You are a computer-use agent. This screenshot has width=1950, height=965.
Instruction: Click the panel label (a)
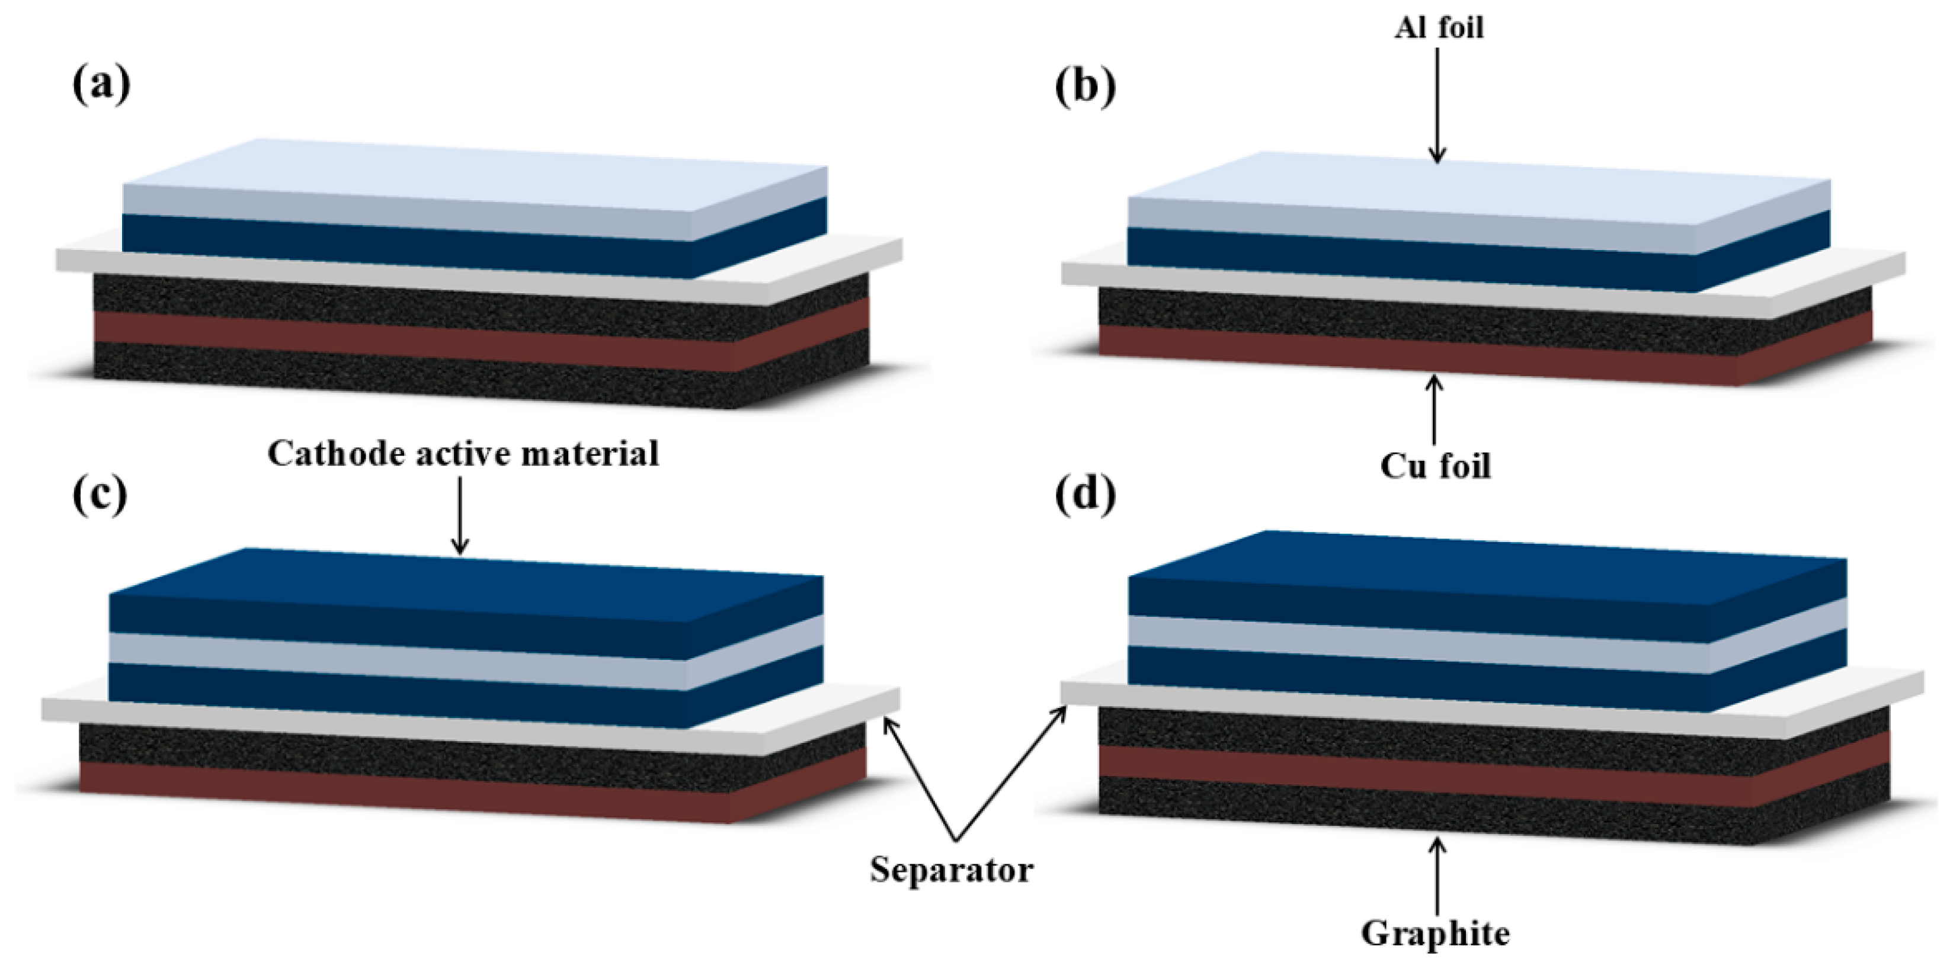point(101,85)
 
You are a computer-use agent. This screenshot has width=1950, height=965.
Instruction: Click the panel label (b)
point(1085,87)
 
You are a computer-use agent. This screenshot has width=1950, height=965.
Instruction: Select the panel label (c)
point(99,496)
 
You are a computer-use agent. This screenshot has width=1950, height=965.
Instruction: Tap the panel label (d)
point(1085,496)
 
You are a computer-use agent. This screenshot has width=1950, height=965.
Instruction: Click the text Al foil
point(1438,28)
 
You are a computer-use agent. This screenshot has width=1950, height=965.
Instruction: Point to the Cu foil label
point(1435,466)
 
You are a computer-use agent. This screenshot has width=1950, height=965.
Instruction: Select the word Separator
point(951,869)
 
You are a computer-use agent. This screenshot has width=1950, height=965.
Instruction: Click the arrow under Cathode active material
point(459,515)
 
